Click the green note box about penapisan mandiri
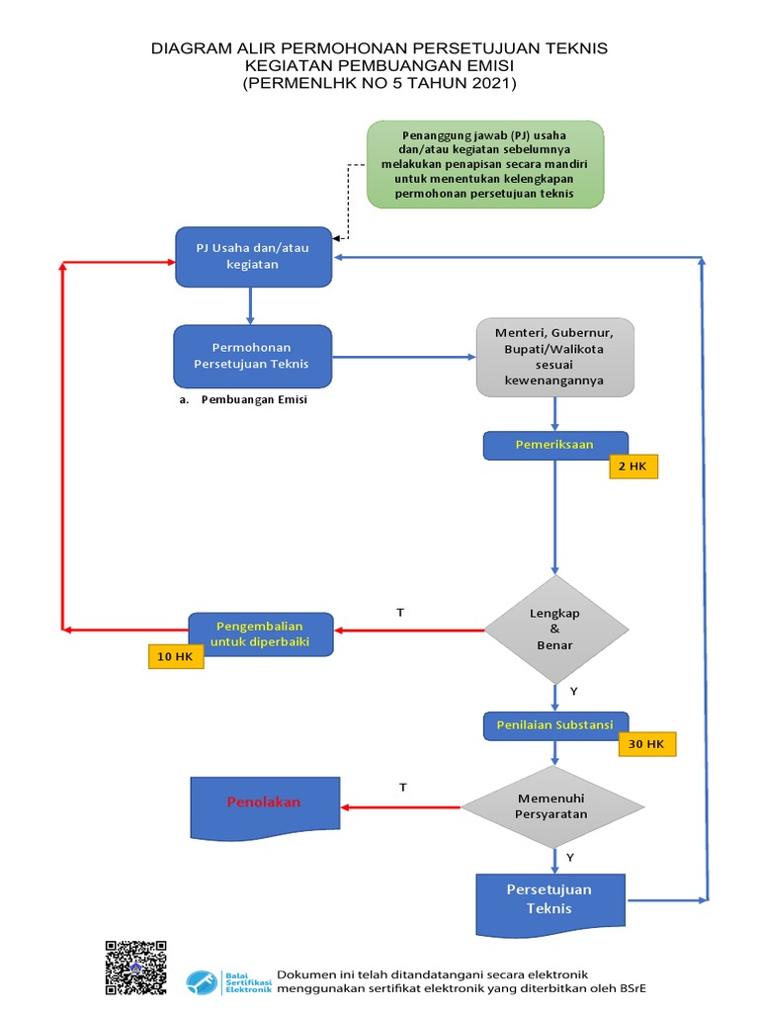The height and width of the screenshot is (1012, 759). click(x=485, y=164)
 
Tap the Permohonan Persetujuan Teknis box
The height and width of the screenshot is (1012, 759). click(x=252, y=356)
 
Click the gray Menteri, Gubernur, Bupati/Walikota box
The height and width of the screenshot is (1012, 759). click(x=554, y=356)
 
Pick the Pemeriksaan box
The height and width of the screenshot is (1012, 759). click(x=554, y=445)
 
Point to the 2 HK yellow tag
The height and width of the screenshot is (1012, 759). click(x=633, y=464)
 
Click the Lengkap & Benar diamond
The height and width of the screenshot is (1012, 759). click(x=554, y=630)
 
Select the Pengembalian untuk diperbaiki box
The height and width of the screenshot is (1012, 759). click(x=262, y=634)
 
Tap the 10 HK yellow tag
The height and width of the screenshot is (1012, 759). click(x=176, y=657)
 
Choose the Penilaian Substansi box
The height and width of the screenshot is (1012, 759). click(x=554, y=725)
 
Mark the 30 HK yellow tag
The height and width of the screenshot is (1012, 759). click(x=647, y=744)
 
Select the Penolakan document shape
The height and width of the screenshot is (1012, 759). click(x=264, y=802)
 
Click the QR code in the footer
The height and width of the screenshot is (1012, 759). click(x=136, y=967)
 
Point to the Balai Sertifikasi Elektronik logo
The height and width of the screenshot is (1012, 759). click(x=228, y=980)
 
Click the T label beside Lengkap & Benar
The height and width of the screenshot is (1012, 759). click(x=400, y=613)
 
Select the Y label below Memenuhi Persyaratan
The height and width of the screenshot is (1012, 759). click(x=570, y=857)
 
